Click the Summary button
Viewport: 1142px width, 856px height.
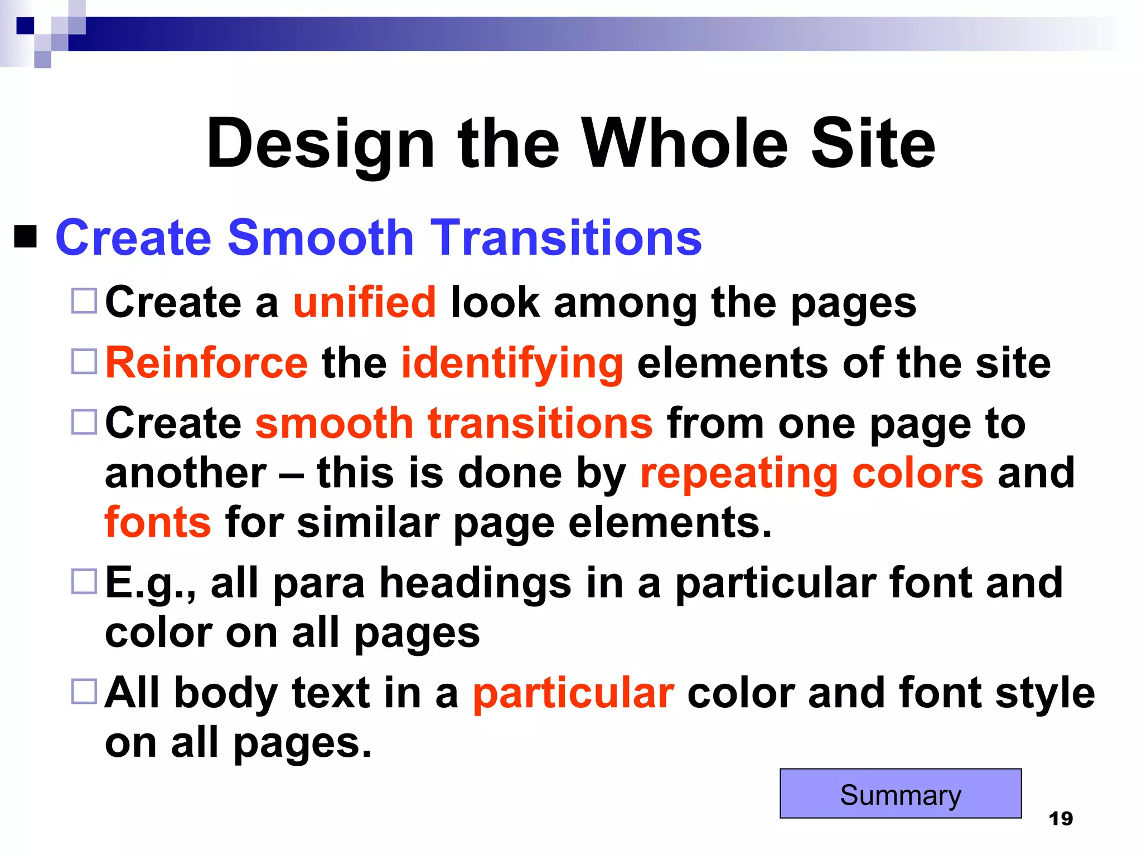tap(900, 794)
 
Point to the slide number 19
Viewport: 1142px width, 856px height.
tap(1061, 819)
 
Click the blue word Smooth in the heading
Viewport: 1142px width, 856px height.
tap(321, 238)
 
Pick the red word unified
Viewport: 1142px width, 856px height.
tap(365, 303)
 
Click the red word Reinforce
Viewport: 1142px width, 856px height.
tap(206, 363)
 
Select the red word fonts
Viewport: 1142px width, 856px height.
tap(158, 523)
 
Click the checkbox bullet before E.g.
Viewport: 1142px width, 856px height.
tap(84, 582)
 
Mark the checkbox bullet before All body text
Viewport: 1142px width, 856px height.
tap(84, 692)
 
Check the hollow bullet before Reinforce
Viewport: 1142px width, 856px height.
tap(84, 361)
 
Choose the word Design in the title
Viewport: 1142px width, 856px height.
tap(320, 145)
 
